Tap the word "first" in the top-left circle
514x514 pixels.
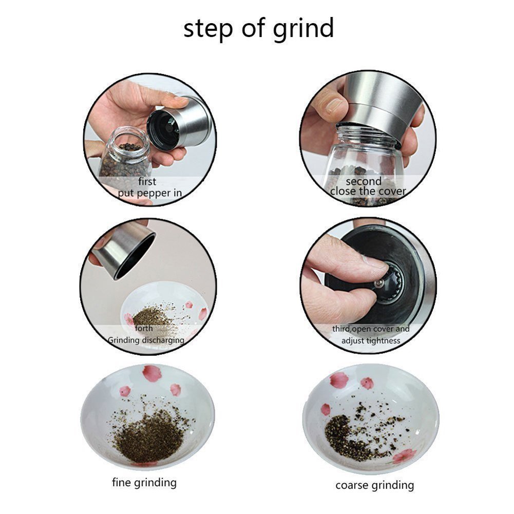(147, 182)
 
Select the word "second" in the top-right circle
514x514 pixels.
(364, 181)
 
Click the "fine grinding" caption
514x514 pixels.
(144, 482)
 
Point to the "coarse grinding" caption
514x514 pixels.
(375, 485)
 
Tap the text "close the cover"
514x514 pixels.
(368, 192)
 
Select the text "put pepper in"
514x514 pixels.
(149, 193)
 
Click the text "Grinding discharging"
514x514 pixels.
(146, 340)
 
